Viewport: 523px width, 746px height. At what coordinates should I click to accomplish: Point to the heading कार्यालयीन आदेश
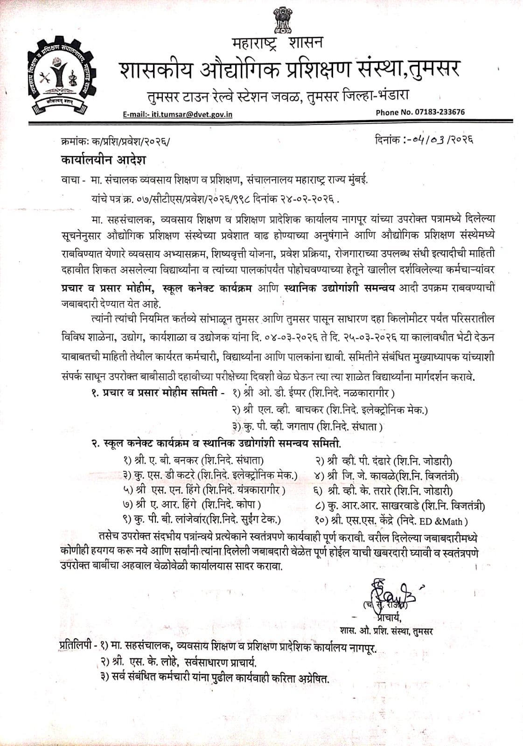tap(103, 160)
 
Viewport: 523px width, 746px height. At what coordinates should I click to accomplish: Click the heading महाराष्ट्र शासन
tap(277, 43)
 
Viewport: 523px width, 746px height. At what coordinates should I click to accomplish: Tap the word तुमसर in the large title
tap(432, 69)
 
